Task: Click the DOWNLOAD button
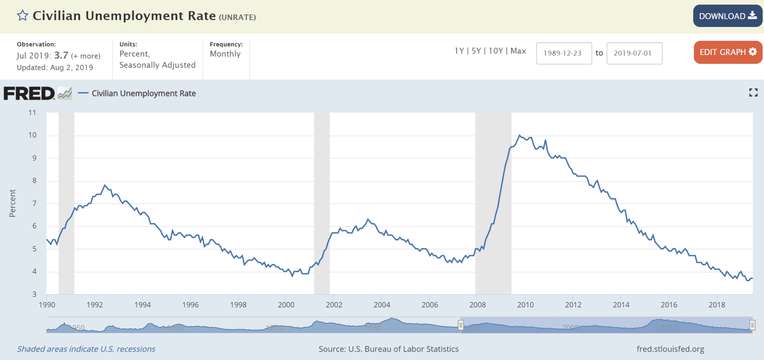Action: point(727,16)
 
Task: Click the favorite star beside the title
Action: point(23,16)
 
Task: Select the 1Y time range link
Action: point(459,51)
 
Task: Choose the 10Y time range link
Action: point(495,51)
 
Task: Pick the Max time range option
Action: point(518,51)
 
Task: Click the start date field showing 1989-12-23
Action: point(563,53)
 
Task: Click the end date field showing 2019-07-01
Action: point(634,53)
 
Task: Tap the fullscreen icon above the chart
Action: point(753,92)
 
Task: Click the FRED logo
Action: point(29,94)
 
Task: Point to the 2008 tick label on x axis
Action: point(477,305)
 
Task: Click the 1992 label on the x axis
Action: point(95,305)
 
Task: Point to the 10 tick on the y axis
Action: point(32,135)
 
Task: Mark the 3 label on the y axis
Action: point(34,294)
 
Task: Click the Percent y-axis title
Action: point(12,203)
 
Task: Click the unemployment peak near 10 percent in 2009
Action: point(520,135)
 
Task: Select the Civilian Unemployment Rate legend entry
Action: point(143,94)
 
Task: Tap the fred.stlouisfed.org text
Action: point(670,349)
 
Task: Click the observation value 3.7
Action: point(61,55)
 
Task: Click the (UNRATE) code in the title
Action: point(237,17)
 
